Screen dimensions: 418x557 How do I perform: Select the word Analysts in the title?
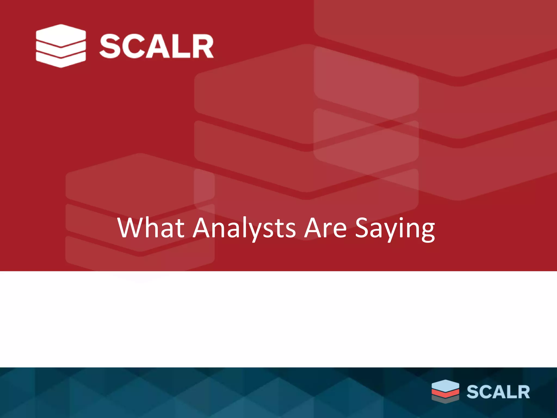pyautogui.click(x=244, y=228)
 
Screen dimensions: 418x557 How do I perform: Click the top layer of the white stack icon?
pyautogui.click(x=61, y=35)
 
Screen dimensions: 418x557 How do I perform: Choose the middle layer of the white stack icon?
pyautogui.click(x=61, y=50)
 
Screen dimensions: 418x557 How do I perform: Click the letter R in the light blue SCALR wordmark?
pyautogui.click(x=523, y=392)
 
